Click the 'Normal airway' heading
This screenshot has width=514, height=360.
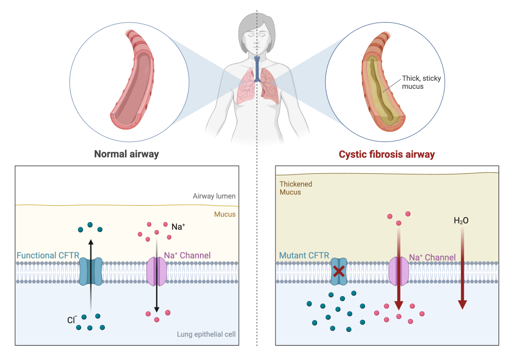pos(126,154)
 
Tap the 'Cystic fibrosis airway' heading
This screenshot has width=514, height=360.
pos(387,154)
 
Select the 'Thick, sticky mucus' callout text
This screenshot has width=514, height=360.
pos(421,82)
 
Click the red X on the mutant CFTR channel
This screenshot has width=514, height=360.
pos(339,271)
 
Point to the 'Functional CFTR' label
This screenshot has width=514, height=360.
pos(48,256)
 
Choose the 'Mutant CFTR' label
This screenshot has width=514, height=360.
pos(304,256)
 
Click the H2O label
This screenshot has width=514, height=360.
pos(461,221)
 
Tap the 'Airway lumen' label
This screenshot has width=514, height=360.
pos(214,196)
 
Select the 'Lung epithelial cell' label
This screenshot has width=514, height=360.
pos(206,334)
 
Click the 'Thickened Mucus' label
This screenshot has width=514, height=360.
pos(296,188)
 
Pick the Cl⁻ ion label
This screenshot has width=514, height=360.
pos(72,320)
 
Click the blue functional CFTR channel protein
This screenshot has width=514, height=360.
pos(91,271)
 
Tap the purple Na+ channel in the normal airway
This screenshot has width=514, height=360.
pos(156,271)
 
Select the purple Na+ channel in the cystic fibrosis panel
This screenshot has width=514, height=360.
pos(399,271)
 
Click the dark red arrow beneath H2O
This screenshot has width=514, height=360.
pos(462,268)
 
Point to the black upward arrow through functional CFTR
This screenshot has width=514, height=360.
pos(91,275)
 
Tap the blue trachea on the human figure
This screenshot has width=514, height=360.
pos(258,69)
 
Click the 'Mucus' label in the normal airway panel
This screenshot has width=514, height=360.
pos(225,214)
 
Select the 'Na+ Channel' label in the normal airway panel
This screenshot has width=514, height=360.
pos(187,255)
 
